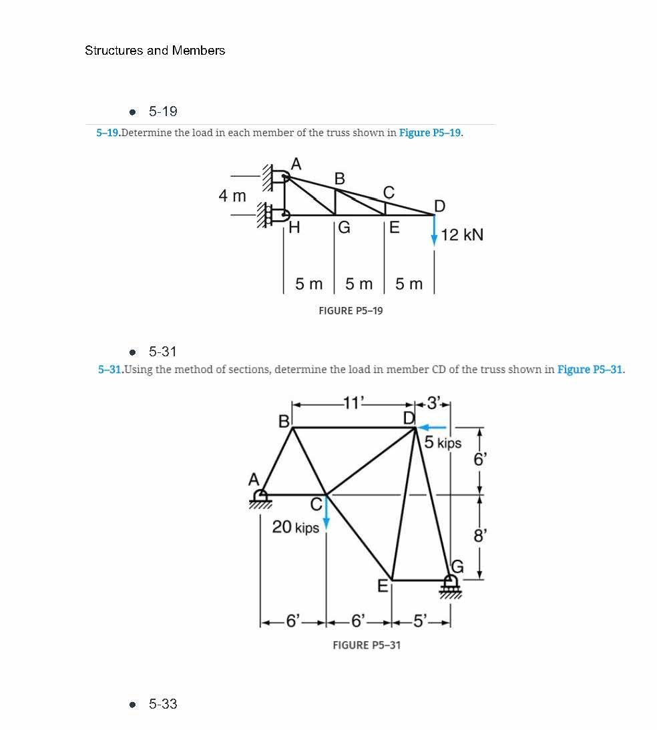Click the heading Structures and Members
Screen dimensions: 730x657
coord(155,51)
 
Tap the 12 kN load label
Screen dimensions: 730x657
coord(462,235)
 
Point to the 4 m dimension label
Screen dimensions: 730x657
coord(232,196)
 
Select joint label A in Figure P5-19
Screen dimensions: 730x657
coord(296,163)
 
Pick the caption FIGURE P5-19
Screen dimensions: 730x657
coord(351,311)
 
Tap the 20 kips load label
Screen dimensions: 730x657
coord(296,527)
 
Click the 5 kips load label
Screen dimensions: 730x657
coord(443,442)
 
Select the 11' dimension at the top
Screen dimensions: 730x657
coord(352,402)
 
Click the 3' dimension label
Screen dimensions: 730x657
coord(435,402)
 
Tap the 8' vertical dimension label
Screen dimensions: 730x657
coord(478,535)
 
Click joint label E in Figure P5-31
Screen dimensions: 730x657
coord(383,587)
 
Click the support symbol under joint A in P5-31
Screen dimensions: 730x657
coord(261,498)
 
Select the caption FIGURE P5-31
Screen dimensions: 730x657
coord(367,645)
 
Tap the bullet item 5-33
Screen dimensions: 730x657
coord(163,704)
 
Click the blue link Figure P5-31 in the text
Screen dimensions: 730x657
coord(590,370)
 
